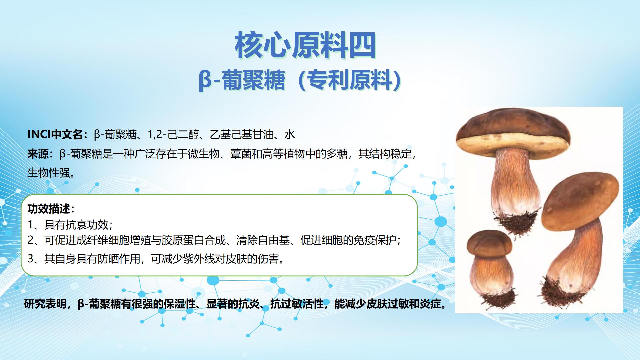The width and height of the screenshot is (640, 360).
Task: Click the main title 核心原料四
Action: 306,45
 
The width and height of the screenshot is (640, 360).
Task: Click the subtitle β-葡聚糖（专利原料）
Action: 300,80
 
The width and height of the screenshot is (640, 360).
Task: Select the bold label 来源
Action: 38,154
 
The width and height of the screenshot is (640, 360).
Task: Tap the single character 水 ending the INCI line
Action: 289,134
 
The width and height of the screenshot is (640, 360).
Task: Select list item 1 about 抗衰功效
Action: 70,225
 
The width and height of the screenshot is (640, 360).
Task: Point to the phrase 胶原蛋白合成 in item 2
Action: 194,240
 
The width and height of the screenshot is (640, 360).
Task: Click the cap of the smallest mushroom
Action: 489,245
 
